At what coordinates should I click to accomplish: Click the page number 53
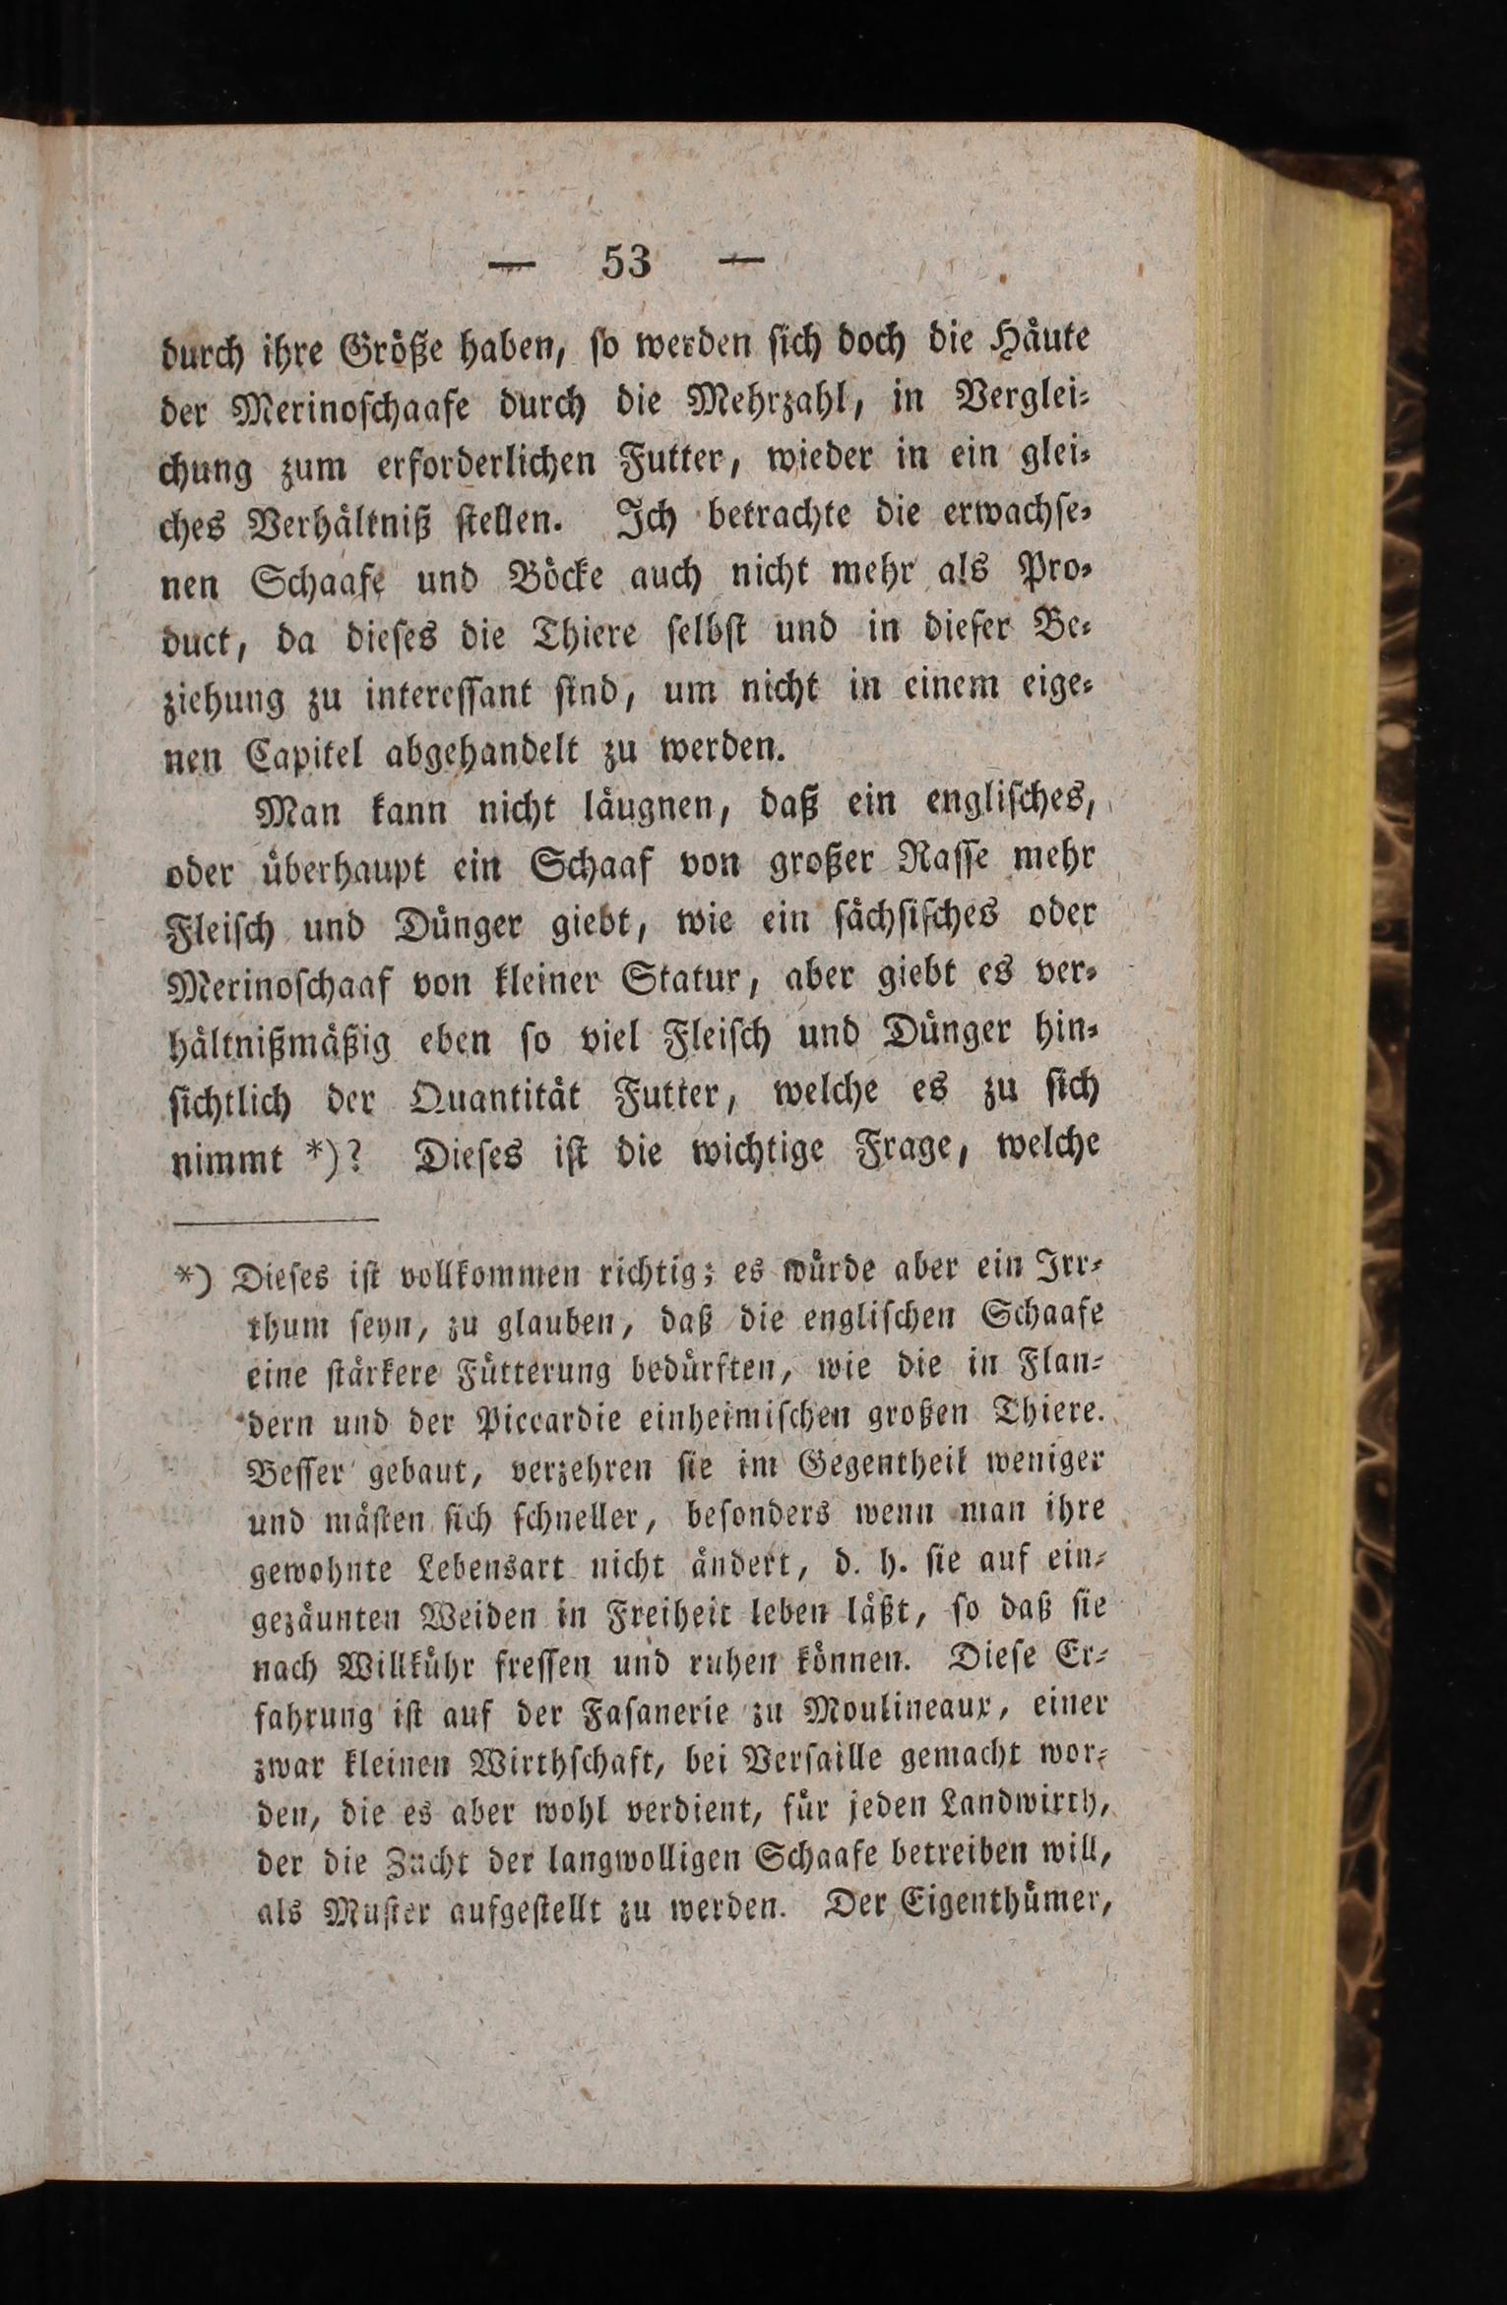tap(626, 263)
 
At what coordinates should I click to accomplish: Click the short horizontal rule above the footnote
tap(276, 1220)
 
